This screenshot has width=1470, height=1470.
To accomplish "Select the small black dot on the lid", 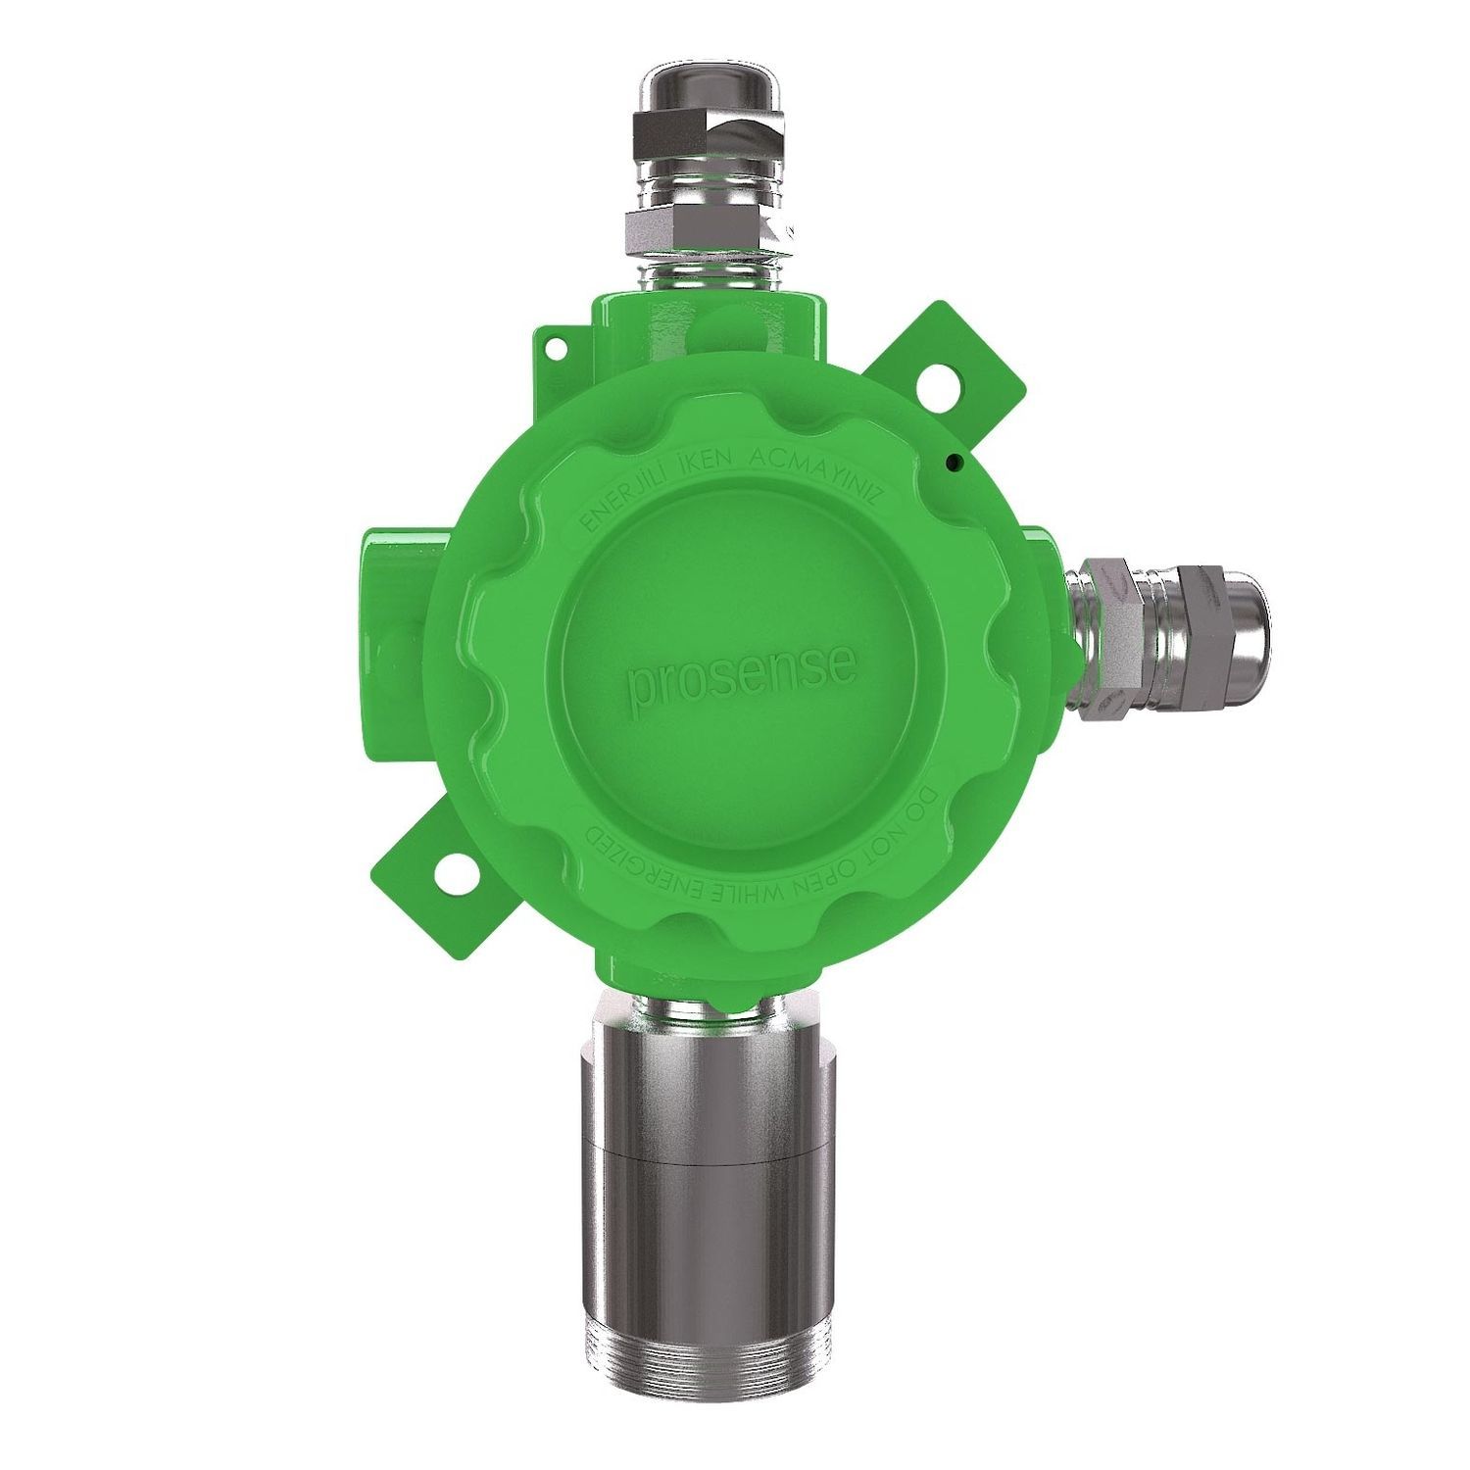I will [x=953, y=460].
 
